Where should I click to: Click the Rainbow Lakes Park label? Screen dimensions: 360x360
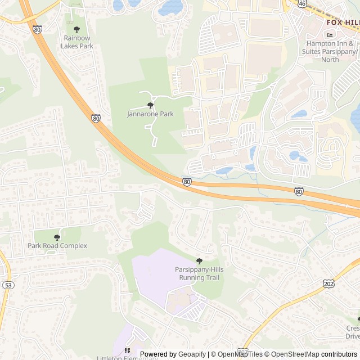(78, 42)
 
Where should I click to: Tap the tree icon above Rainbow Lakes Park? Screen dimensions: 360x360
(77, 29)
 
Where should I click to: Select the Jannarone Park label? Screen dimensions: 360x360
(150, 114)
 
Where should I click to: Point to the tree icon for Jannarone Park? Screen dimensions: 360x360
(150, 105)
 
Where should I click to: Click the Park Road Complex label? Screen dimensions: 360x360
(57, 246)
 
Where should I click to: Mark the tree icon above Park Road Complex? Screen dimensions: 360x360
(57, 237)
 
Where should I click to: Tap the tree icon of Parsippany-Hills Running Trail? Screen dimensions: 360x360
(199, 261)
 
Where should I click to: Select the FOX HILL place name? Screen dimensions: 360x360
(343, 22)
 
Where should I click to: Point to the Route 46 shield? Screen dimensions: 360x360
(302, 3)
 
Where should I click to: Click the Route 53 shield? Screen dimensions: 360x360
(7, 285)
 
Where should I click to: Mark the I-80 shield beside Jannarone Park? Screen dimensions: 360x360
(96, 118)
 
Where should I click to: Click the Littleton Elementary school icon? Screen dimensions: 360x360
(127, 350)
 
